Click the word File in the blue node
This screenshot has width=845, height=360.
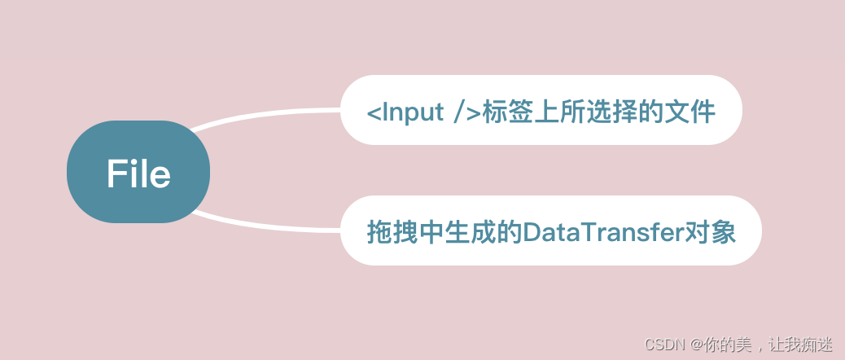point(138,174)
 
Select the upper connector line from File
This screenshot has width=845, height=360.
point(269,112)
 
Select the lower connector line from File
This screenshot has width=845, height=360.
point(269,228)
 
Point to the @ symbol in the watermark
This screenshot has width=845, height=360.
point(692,345)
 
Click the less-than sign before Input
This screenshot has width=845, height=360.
point(373,112)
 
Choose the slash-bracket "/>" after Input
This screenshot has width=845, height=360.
point(466,112)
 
